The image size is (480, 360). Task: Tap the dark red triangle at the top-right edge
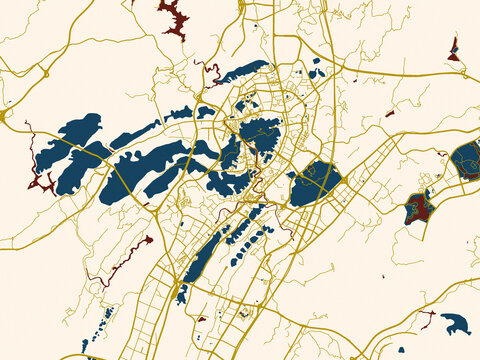point(454,49)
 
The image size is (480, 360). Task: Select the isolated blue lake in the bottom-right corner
point(456,323)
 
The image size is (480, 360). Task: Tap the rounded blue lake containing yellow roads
point(315,183)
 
